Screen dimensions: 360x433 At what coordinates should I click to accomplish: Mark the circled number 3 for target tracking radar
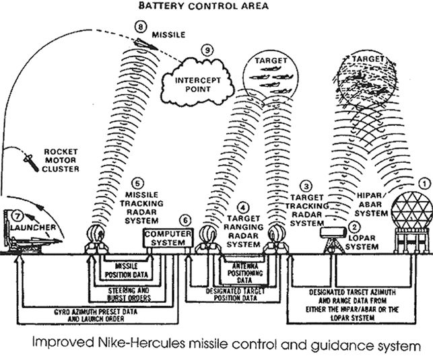click(x=306, y=185)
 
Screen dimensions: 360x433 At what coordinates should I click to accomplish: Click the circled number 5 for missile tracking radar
click(x=137, y=182)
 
